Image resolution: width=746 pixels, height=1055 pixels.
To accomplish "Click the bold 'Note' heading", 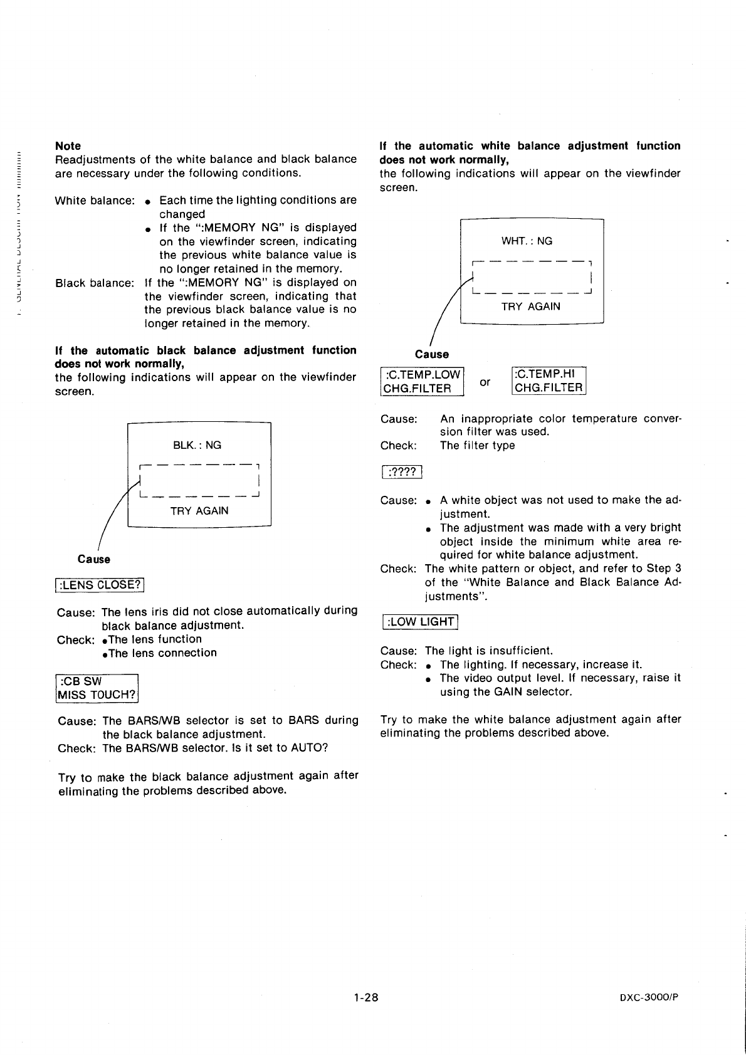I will pyautogui.click(x=68, y=145).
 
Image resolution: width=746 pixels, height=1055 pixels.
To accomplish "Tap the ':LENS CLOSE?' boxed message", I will pyautogui.click(x=100, y=585).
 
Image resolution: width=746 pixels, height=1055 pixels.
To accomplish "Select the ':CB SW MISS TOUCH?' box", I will pyautogui.click(x=97, y=688).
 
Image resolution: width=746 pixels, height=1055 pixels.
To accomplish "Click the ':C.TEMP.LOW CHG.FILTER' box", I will pyautogui.click(x=422, y=381).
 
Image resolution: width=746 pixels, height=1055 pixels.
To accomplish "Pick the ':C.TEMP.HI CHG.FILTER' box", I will pyautogui.click(x=549, y=381).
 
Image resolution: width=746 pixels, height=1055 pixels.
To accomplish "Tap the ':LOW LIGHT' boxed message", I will pyautogui.click(x=420, y=621).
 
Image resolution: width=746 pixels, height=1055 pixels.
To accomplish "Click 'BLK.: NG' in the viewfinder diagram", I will pyautogui.click(x=197, y=445).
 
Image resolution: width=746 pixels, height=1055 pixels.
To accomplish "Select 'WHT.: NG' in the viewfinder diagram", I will pyautogui.click(x=527, y=241).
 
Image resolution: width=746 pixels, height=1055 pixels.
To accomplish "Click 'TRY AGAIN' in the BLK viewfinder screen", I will pyautogui.click(x=199, y=511).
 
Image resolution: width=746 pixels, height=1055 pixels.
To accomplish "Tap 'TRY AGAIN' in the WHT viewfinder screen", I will pyautogui.click(x=530, y=307).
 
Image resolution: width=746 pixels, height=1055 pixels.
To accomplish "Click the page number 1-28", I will pyautogui.click(x=365, y=997).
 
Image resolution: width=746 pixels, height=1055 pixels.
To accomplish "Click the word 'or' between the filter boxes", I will pyautogui.click(x=485, y=381).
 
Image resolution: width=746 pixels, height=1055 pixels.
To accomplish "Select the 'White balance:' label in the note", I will pyautogui.click(x=95, y=201).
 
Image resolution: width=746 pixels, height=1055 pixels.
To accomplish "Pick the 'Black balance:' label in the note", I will pyautogui.click(x=95, y=283).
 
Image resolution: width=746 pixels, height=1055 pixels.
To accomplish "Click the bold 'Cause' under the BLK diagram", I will pyautogui.click(x=94, y=559).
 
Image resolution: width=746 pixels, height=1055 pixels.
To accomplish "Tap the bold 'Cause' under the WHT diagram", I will pyautogui.click(x=432, y=354).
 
